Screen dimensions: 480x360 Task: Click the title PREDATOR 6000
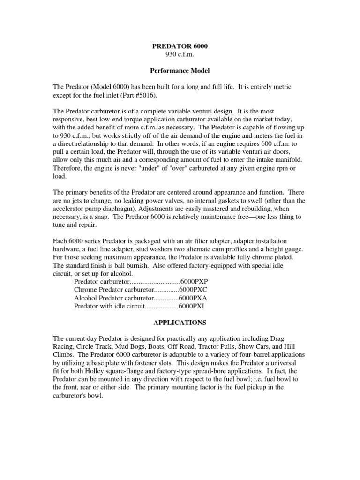click(x=180, y=46)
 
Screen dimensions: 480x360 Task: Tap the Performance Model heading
click(x=180, y=72)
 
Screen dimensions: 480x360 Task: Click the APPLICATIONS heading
click(x=180, y=323)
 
